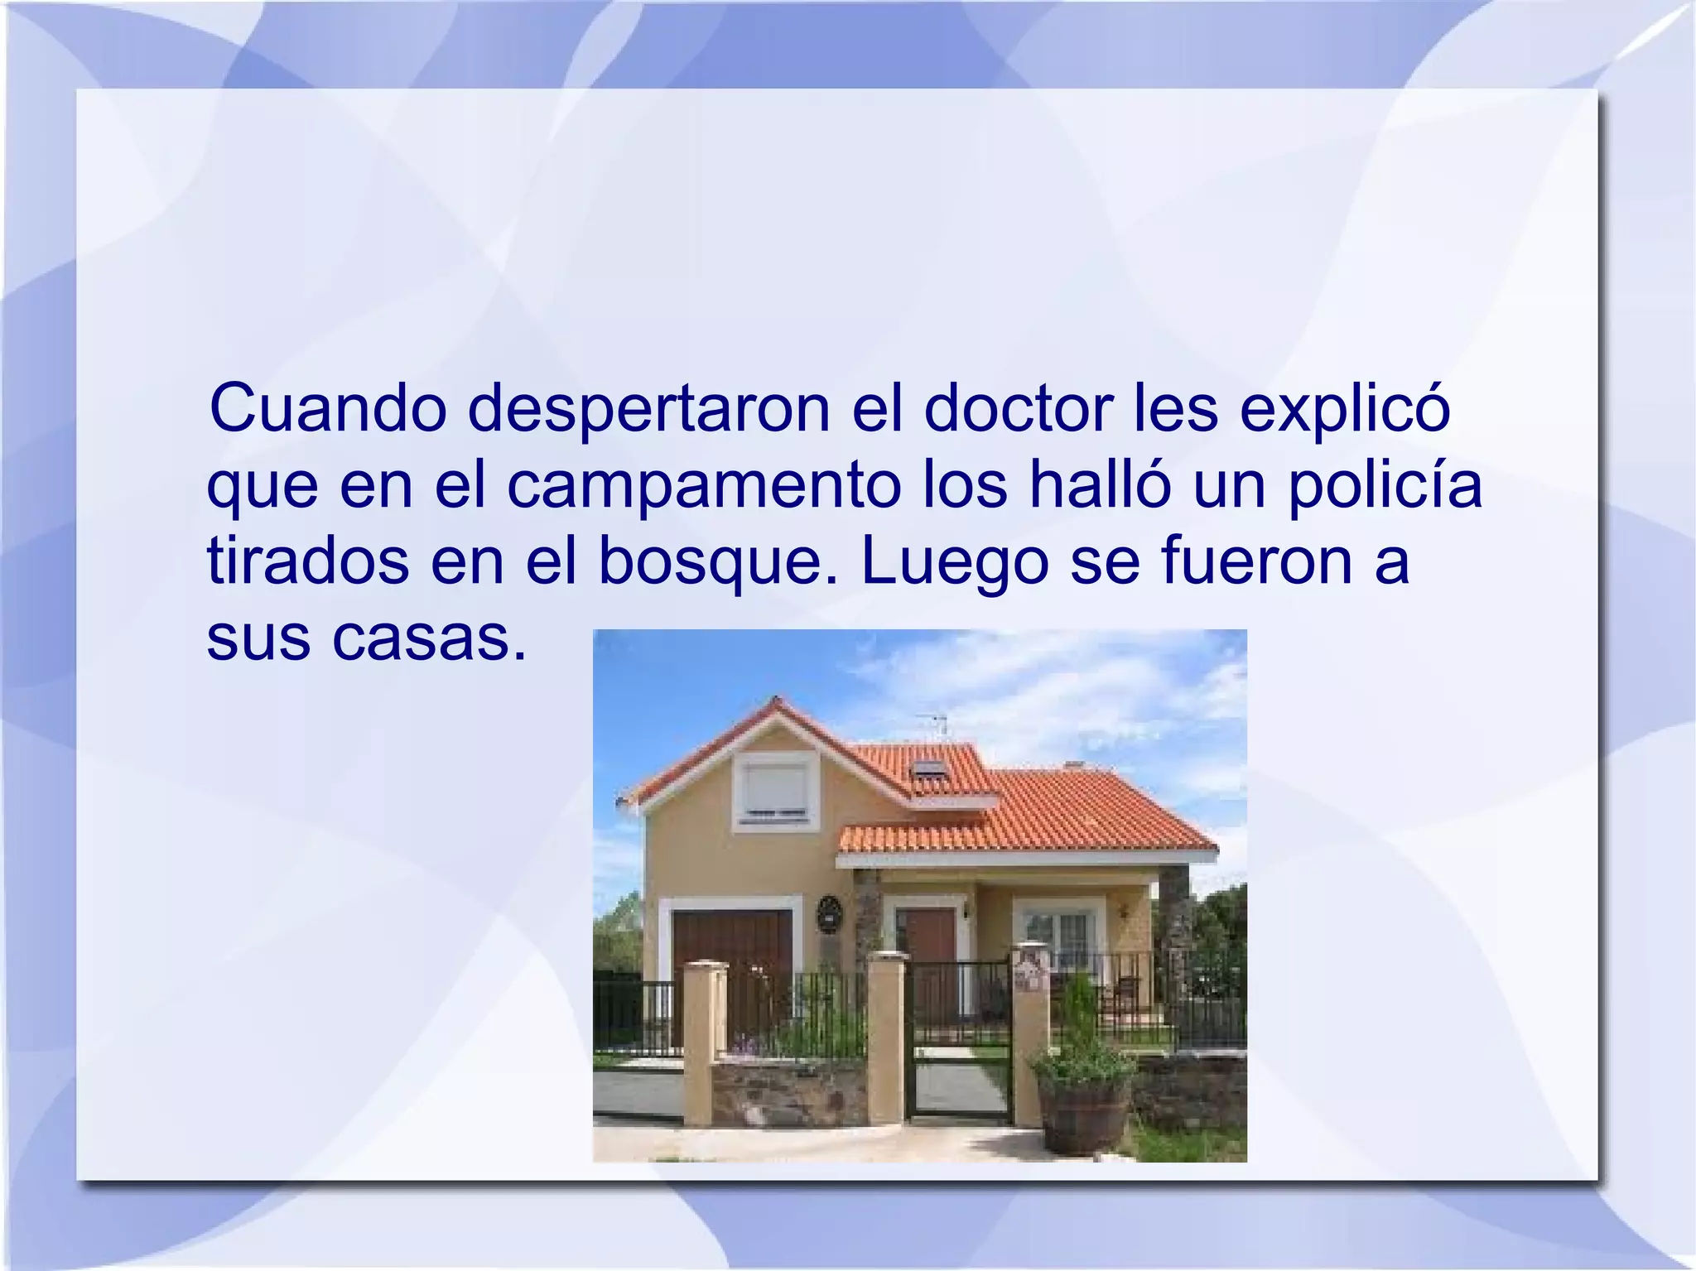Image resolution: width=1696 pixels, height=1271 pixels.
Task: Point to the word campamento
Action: pyautogui.click(x=703, y=486)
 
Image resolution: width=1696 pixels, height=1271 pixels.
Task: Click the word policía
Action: pyautogui.click(x=1385, y=486)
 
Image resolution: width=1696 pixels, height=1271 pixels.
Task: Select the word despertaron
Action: pyautogui.click(x=649, y=409)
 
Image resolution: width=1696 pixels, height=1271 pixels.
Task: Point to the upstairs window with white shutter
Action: pyautogui.click(x=775, y=791)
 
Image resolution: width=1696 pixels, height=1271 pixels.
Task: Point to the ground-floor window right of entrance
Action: pyautogui.click(x=1060, y=936)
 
